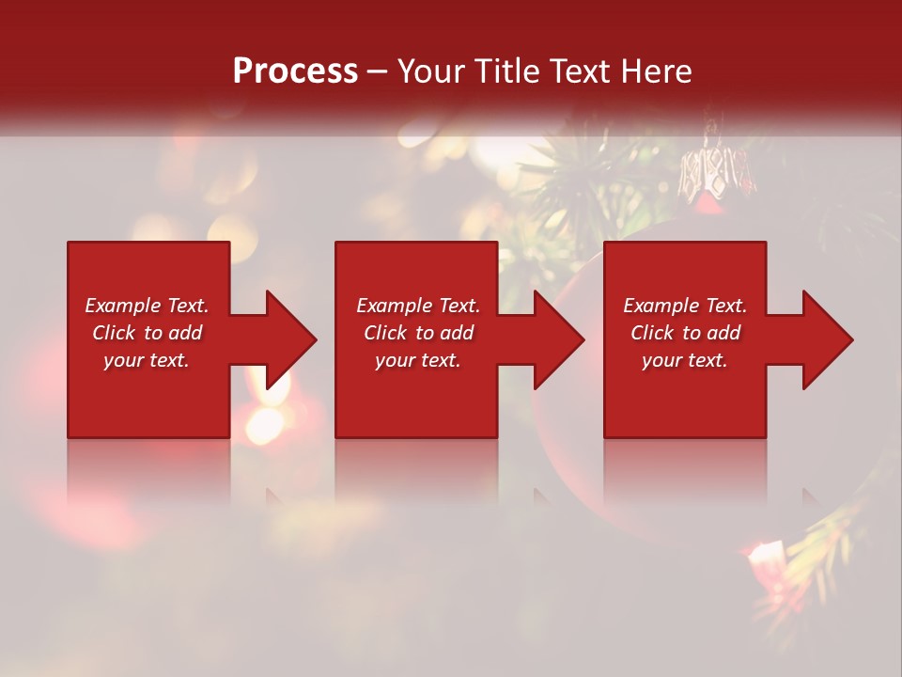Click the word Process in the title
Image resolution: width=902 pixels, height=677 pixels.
295,71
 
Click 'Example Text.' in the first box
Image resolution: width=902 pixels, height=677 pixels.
147,306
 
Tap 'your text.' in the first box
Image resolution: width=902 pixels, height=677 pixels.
147,360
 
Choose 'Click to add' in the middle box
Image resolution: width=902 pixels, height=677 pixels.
418,333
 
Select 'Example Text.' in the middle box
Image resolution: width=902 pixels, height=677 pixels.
418,306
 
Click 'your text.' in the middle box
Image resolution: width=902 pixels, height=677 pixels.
418,360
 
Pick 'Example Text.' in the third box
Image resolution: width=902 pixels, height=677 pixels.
685,306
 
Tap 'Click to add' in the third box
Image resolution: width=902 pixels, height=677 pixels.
685,333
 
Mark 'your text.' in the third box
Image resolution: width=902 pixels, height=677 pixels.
685,360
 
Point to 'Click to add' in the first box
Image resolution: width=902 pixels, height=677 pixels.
147,333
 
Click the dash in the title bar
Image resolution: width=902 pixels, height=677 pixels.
378,72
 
